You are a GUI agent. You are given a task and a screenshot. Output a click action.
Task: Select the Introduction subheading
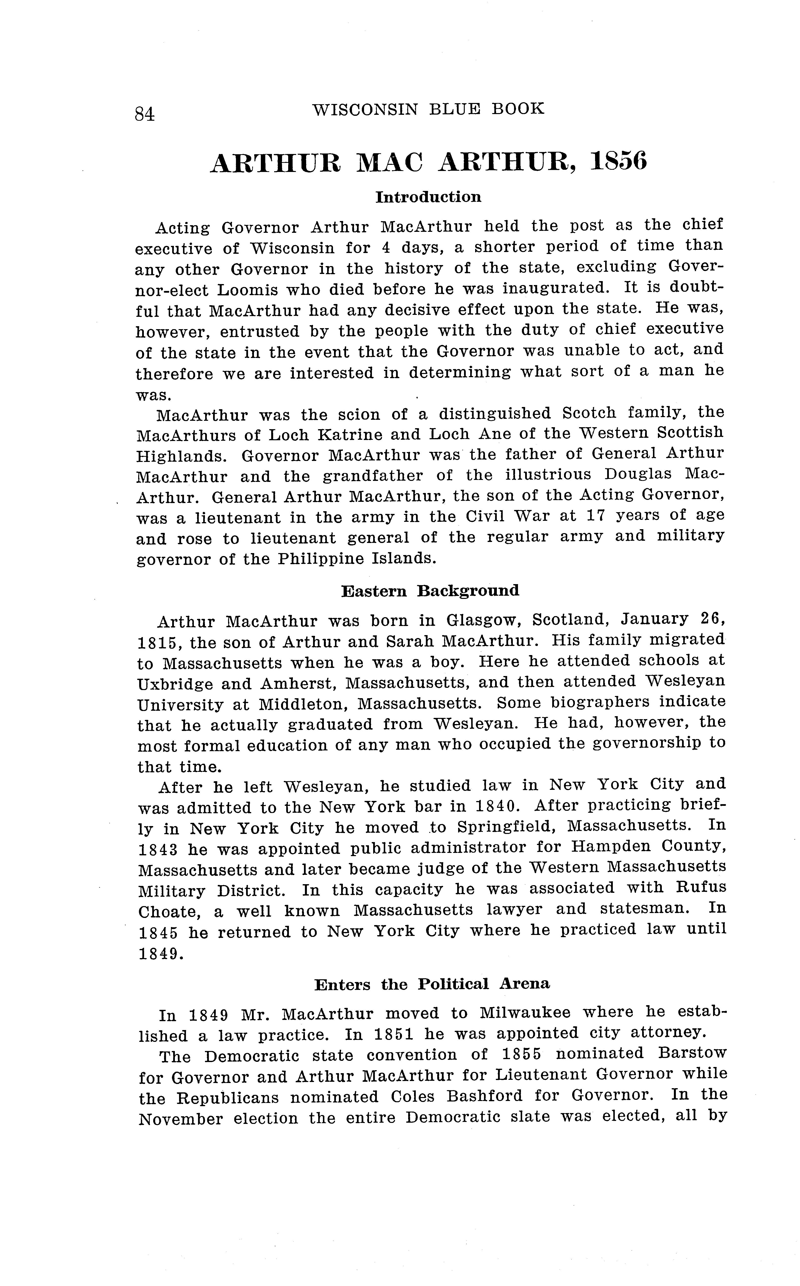(x=428, y=197)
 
